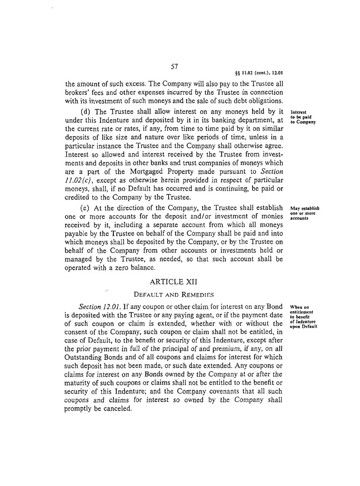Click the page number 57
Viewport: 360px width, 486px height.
[x=175, y=66]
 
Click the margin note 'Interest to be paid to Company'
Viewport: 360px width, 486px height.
[x=303, y=117]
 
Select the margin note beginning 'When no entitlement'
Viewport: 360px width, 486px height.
[x=304, y=317]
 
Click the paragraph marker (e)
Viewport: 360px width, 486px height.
[x=88, y=207]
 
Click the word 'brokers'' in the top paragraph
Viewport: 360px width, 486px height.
[x=77, y=93]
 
